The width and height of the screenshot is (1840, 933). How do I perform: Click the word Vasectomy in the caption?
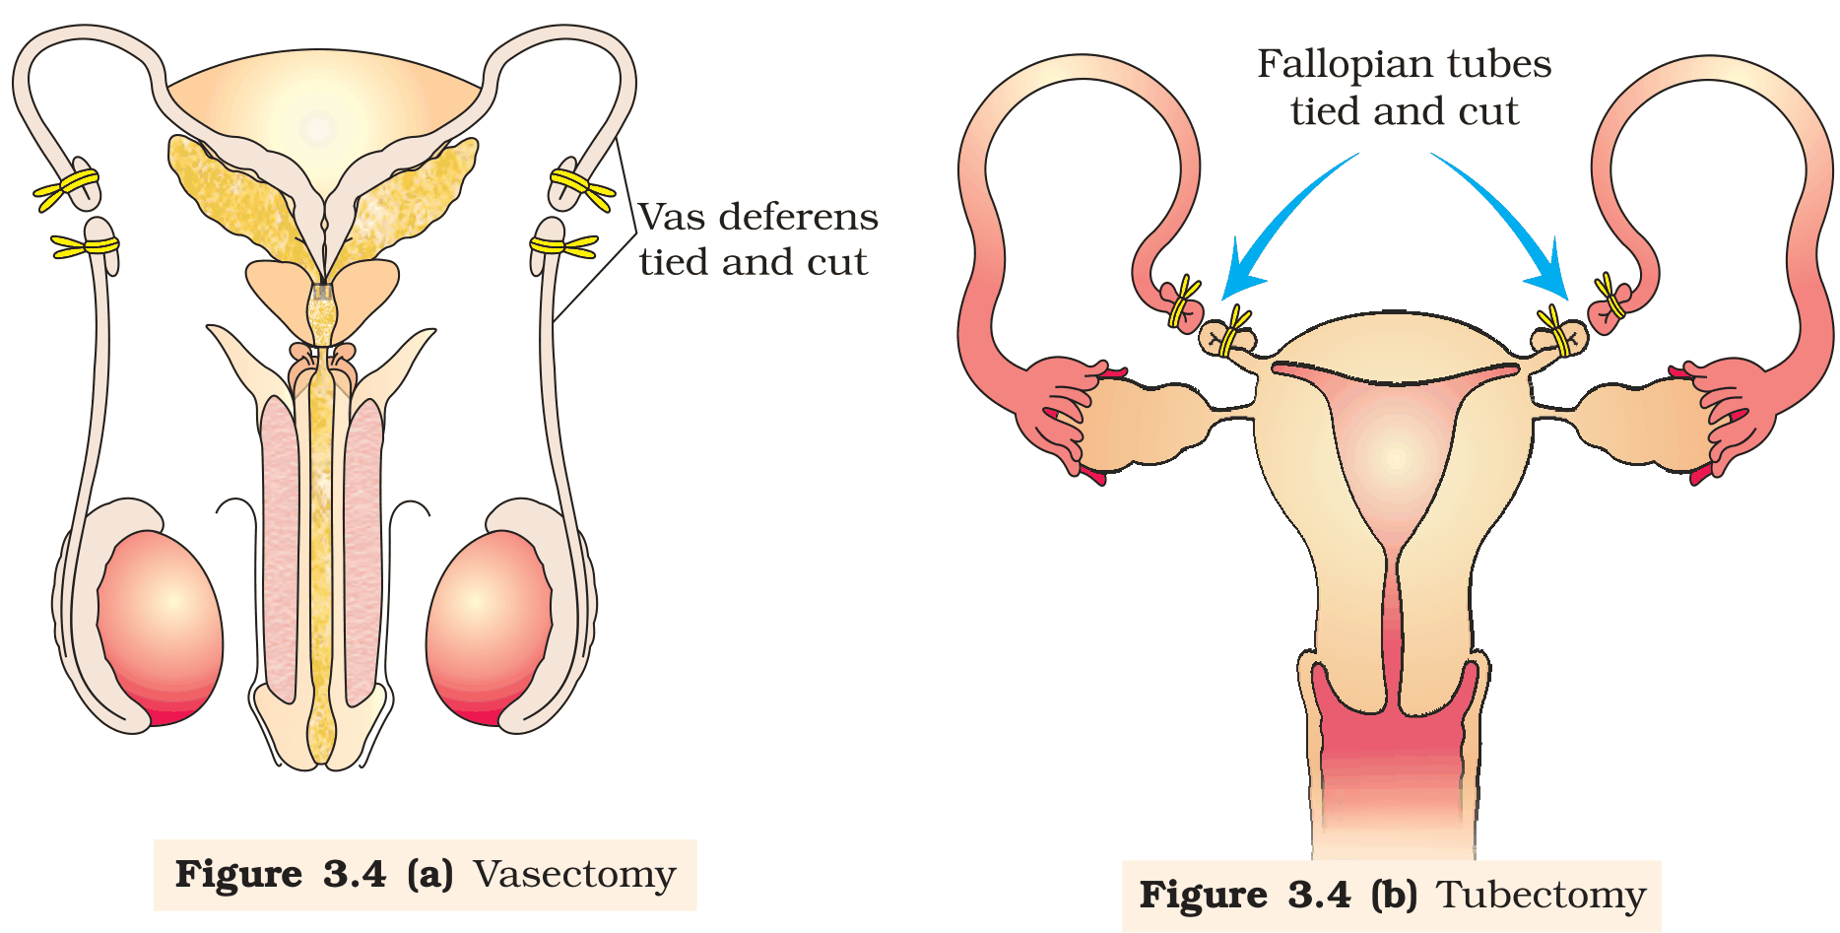[574, 874]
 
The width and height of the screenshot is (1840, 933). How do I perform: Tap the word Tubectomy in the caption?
[1541, 896]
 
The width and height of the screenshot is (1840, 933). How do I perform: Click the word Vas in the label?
[673, 217]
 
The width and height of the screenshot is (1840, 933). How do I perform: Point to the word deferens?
[799, 217]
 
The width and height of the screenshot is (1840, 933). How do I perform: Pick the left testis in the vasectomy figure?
[160, 629]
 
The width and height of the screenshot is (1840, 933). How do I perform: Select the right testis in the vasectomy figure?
[490, 629]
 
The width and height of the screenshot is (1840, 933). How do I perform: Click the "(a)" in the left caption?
[430, 874]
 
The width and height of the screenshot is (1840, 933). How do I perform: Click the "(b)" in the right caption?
[1394, 895]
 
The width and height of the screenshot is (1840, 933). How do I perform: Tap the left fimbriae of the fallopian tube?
[1059, 414]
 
